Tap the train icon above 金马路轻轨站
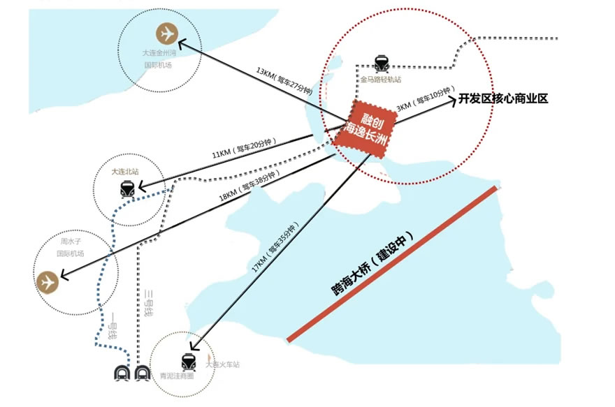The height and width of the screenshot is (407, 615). coord(382,64)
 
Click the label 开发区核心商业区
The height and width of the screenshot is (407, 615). coord(502,99)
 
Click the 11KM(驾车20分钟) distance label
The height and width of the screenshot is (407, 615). coord(244,147)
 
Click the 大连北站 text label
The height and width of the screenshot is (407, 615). coord(126,171)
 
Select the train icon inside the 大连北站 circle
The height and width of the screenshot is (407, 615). coord(127,188)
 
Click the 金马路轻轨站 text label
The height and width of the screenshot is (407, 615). coord(381,80)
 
